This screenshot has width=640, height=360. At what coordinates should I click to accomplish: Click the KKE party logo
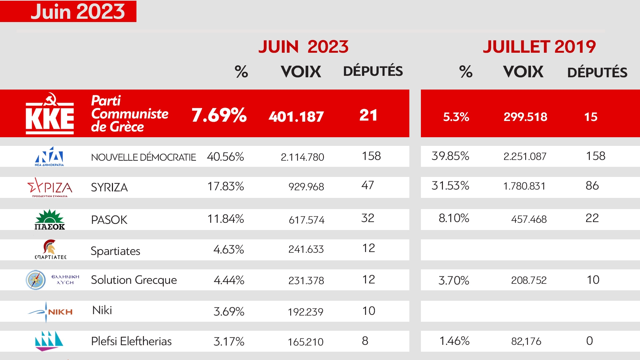[x=50, y=114]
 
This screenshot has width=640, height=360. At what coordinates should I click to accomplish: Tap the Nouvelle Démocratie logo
[x=49, y=156]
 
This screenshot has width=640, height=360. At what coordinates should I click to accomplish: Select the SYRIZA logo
[x=50, y=187]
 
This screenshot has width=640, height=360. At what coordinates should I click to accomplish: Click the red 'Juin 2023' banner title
[x=78, y=11]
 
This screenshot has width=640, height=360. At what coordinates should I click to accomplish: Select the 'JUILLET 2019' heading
[x=539, y=47]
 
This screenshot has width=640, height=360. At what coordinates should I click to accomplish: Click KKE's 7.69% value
[x=219, y=115]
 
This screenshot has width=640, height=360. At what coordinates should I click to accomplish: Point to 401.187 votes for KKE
[x=296, y=117]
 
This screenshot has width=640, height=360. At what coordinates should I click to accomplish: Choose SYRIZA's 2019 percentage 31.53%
[x=450, y=186]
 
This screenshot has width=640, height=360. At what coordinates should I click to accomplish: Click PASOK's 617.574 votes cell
[x=306, y=220]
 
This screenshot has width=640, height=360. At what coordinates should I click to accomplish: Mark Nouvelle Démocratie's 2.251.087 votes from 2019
[x=525, y=156]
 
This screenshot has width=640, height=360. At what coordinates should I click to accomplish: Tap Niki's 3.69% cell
[x=229, y=311]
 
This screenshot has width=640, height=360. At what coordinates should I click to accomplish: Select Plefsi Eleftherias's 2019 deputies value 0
[x=589, y=341]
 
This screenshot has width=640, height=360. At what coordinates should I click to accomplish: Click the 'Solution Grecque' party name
[x=134, y=280]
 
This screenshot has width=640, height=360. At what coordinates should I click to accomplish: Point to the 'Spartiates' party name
[x=116, y=251]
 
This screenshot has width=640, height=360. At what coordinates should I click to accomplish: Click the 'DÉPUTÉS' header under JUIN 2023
[x=373, y=71]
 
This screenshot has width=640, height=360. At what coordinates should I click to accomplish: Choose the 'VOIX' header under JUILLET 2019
[x=523, y=72]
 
